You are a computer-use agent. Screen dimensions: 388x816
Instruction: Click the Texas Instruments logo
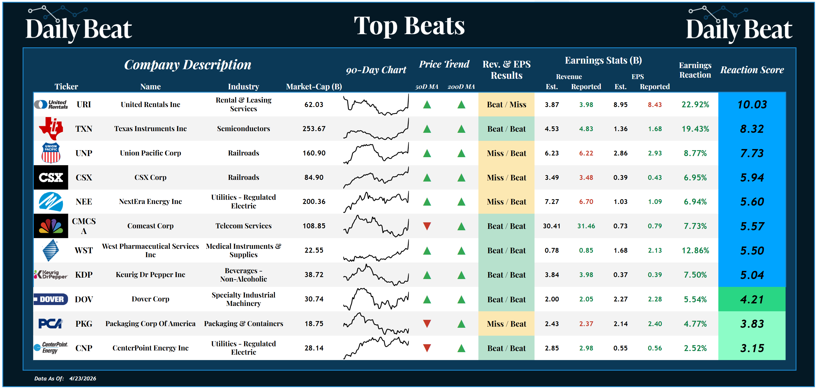[x=51, y=128]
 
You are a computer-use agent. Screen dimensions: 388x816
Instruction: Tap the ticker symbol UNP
[x=84, y=153]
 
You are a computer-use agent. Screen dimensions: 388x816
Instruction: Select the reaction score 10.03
[x=752, y=104]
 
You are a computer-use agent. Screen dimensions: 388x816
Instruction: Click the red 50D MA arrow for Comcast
[x=427, y=226]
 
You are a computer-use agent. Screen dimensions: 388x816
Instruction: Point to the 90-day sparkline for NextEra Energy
[x=376, y=201]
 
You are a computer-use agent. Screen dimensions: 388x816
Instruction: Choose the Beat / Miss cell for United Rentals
[x=506, y=104]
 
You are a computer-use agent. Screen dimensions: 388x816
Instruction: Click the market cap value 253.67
[x=314, y=129]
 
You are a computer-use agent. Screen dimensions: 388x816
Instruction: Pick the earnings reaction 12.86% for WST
[x=695, y=250]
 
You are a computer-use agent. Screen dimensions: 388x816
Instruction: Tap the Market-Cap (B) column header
[x=314, y=87]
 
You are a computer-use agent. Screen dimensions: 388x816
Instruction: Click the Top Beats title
[x=409, y=26]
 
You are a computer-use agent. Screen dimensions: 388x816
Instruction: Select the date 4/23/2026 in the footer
[x=83, y=378]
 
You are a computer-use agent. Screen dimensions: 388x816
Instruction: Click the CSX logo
[x=51, y=177]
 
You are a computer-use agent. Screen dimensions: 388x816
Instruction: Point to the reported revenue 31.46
[x=586, y=226]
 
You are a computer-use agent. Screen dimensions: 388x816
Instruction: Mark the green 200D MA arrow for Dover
[x=461, y=299]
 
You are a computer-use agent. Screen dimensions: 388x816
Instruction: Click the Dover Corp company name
[x=151, y=299]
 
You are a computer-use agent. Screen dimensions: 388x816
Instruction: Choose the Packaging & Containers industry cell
[x=243, y=323]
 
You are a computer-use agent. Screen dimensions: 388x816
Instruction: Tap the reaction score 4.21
[x=752, y=299]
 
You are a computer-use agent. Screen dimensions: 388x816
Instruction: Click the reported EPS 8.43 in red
[x=654, y=104]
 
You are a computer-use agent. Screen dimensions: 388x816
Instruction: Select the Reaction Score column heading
[x=752, y=70]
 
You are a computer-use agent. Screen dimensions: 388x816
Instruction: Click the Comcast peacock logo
[x=51, y=226]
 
